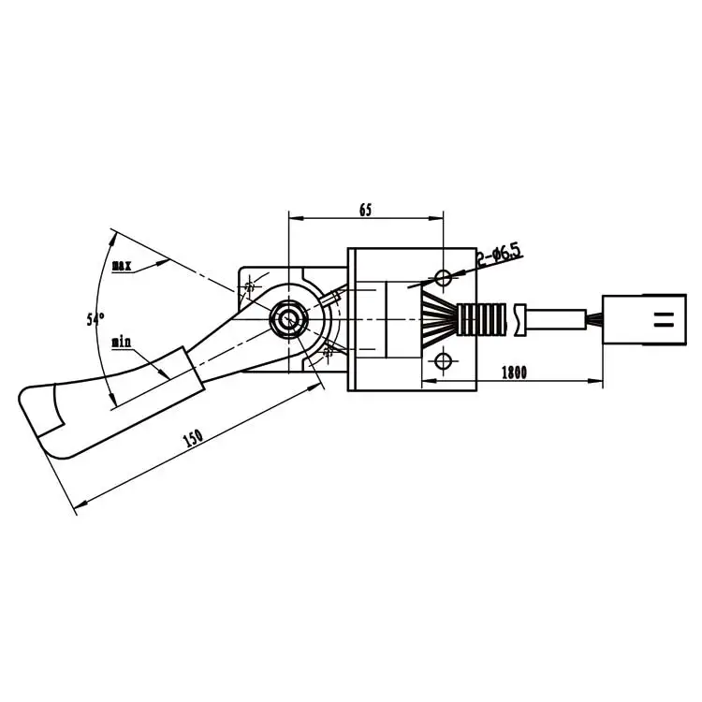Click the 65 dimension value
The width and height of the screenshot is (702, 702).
(x=365, y=210)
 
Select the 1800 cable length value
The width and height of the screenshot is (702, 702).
(x=514, y=372)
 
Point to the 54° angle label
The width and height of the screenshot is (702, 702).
(x=95, y=319)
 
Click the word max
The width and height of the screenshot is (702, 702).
(x=121, y=266)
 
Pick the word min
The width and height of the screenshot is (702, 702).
(x=121, y=342)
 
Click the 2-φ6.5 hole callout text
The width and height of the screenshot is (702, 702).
(x=498, y=255)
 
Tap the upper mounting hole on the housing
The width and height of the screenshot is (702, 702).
(x=444, y=277)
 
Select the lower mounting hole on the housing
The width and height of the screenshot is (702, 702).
(x=444, y=361)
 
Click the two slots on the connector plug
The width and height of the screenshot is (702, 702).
(x=664, y=321)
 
